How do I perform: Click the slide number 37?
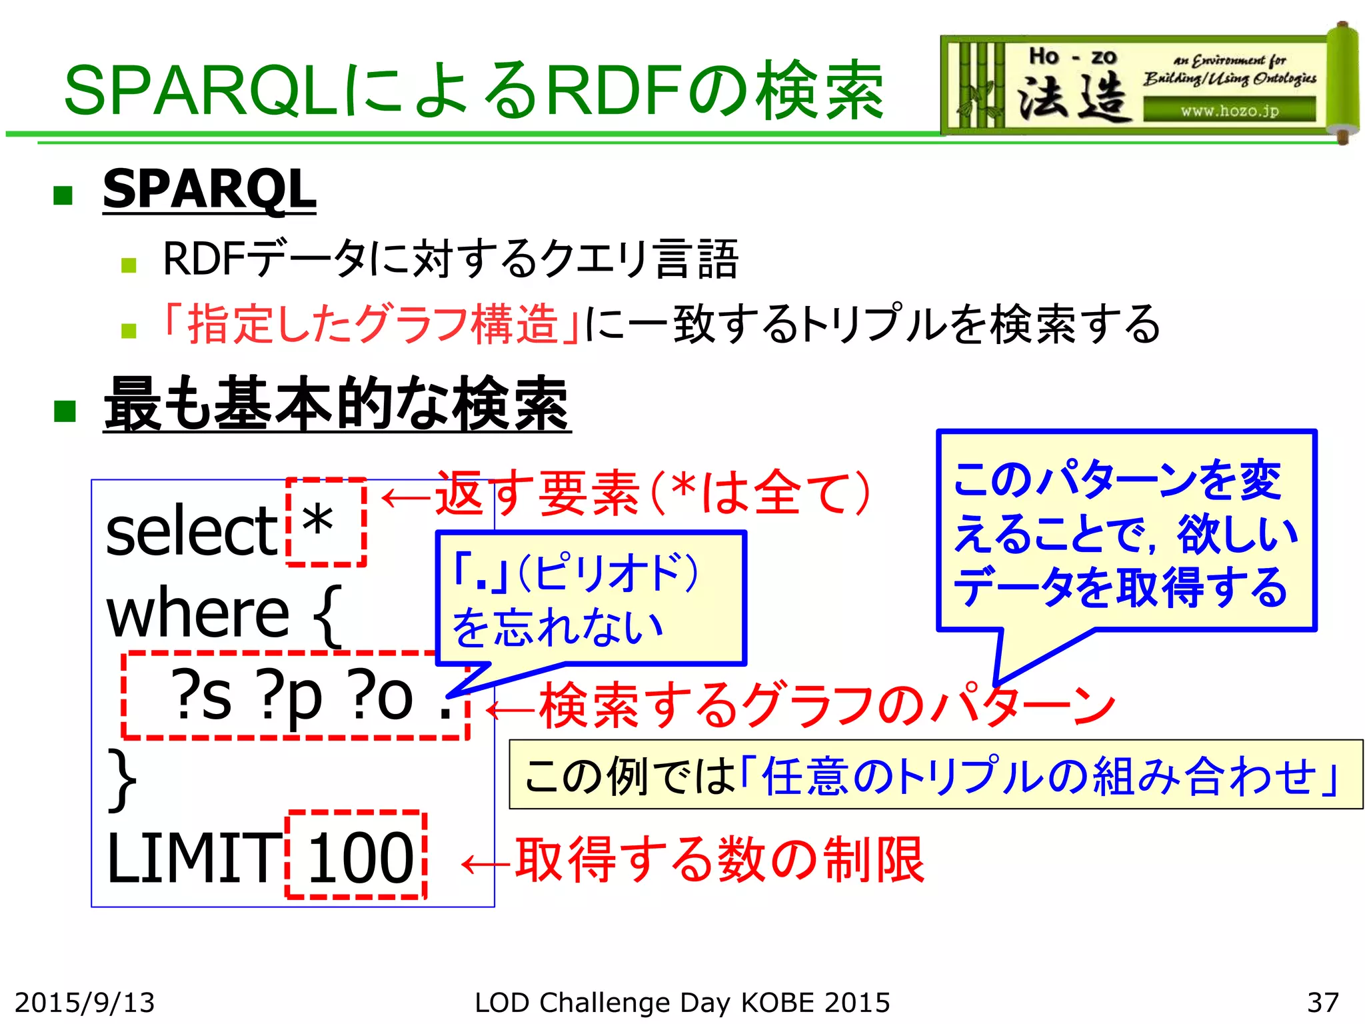1322,1003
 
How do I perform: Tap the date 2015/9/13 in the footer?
85,1003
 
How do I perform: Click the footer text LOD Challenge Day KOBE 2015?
682,1003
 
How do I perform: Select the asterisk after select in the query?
317,522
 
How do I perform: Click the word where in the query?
198,613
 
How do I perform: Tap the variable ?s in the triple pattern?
201,696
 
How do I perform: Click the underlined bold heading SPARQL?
209,189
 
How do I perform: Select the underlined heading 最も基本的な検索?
337,404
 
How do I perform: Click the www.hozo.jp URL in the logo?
1229,111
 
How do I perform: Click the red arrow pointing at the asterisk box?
406,497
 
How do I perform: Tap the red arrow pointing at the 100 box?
485,864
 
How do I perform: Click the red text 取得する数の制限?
720,860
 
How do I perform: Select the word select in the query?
191,531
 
